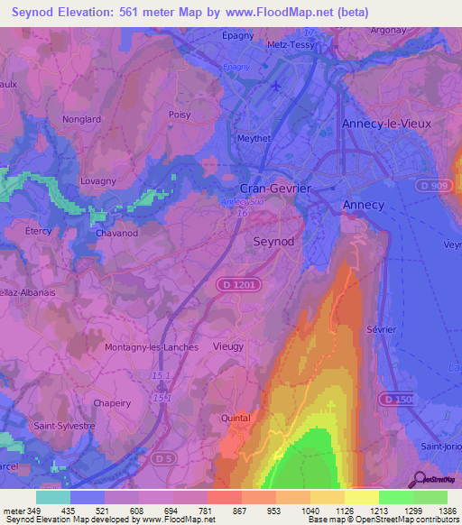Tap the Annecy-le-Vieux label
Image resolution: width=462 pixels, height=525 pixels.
point(386,123)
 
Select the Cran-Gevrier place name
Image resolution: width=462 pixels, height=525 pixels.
point(275,188)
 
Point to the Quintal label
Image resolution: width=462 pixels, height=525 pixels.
point(236,419)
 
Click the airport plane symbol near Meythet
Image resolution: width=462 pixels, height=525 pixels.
point(275,87)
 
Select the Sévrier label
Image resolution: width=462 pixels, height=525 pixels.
point(382,329)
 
